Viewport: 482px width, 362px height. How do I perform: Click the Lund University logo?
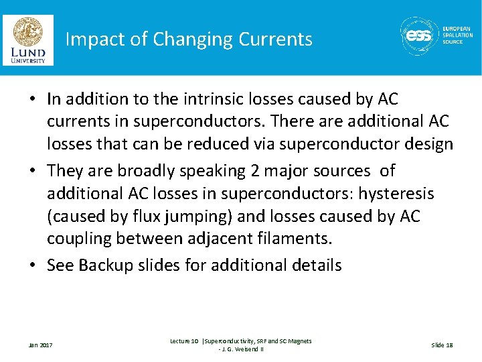tap(27, 40)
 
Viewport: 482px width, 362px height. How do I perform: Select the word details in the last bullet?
tap(313, 265)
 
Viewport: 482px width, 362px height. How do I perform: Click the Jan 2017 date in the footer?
tap(40, 345)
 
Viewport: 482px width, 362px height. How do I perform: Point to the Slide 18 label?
tap(442, 345)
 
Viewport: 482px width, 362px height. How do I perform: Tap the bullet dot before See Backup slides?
tap(32, 265)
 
